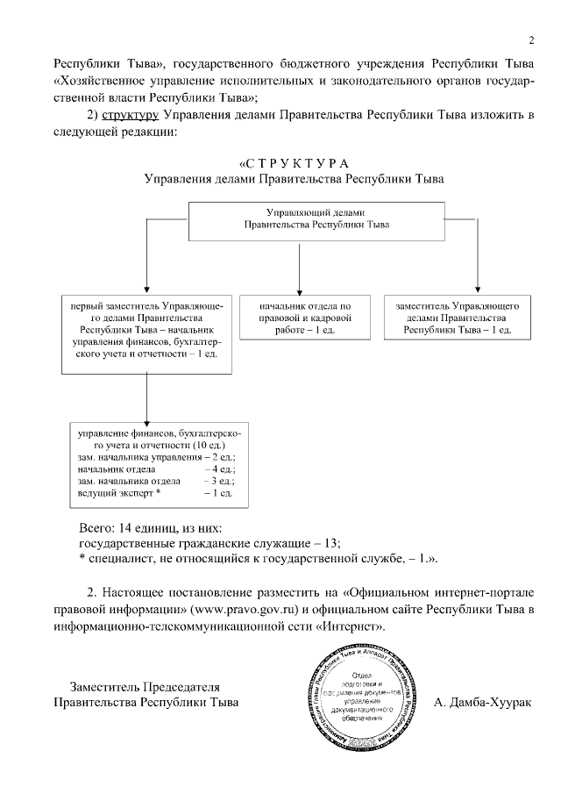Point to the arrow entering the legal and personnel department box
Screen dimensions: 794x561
[300, 287]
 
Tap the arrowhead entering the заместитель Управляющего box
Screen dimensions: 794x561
[478, 287]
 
